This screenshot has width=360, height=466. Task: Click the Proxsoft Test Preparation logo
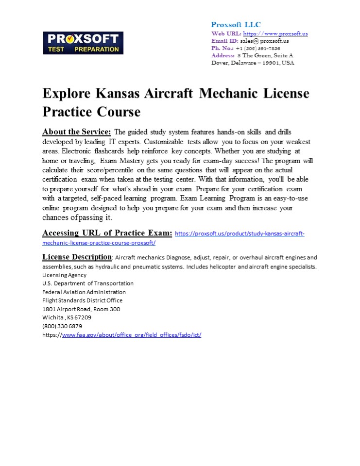[x=83, y=43]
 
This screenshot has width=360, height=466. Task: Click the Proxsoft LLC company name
[x=236, y=25]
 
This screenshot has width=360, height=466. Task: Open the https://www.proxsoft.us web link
[x=275, y=33]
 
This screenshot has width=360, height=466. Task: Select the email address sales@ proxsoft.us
[x=264, y=41]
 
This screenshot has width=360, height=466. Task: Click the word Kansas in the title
[x=126, y=93]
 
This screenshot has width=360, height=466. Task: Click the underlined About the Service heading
[x=77, y=132]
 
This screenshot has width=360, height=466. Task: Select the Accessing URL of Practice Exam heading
[x=107, y=233]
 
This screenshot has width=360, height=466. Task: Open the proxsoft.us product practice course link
[x=239, y=233]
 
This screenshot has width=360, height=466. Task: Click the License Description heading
[x=77, y=257]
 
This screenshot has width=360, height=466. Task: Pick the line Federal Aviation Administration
[x=84, y=292]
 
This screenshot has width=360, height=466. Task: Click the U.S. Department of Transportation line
[x=88, y=283]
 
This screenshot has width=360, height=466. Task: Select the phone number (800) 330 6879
[x=62, y=326]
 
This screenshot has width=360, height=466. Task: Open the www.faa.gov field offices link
[x=131, y=335]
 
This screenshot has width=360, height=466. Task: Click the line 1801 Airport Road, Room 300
[x=81, y=309]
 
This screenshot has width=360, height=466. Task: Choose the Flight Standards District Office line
[x=82, y=300]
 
